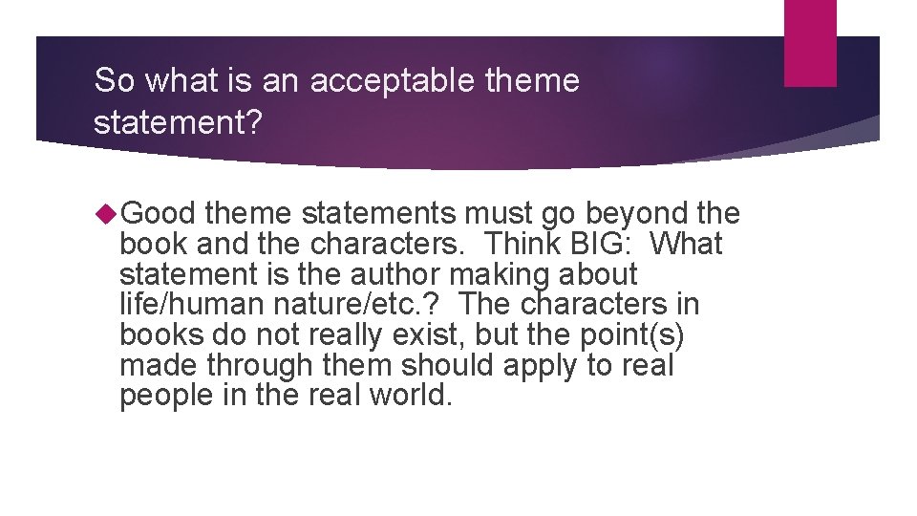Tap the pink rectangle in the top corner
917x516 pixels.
(810, 43)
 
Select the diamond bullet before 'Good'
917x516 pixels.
(108, 213)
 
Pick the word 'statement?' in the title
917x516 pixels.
(177, 123)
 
